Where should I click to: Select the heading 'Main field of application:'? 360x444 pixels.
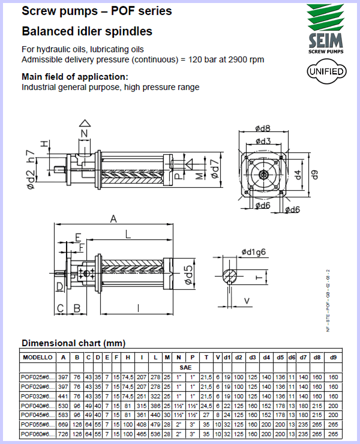pos(75,77)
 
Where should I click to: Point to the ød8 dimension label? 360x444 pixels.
pos(263,128)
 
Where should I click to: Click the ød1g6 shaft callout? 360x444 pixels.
pos(254,251)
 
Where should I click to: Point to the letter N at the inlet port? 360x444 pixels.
pos(84,133)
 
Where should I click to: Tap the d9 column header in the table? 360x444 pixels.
pos(332,357)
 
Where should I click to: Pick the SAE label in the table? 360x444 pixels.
pos(185,366)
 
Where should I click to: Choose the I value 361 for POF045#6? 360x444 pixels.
pos(142,415)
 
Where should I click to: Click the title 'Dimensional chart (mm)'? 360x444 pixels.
pos(73,343)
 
